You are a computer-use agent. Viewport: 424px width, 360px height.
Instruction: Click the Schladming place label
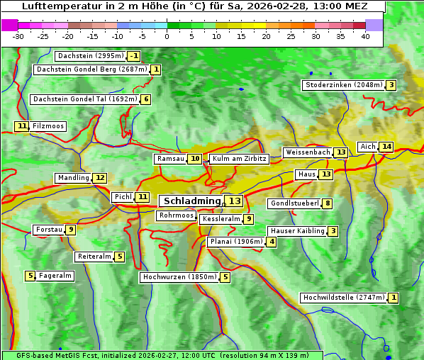192,201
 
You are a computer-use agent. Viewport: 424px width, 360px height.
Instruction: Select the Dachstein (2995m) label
91,56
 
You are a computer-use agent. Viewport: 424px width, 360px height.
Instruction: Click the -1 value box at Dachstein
134,56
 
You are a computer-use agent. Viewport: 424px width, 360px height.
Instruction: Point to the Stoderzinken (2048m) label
343,85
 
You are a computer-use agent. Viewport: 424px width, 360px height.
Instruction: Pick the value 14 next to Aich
386,147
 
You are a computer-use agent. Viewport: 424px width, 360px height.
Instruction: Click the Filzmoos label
48,126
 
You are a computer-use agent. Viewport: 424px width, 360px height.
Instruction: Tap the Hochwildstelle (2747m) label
344,298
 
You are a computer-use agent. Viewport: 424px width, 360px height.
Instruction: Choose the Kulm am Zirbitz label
239,159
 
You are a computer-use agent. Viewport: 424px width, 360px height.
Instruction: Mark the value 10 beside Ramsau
195,159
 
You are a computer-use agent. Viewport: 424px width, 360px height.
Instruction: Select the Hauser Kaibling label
296,231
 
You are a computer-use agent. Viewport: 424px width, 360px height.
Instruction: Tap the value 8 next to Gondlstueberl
327,204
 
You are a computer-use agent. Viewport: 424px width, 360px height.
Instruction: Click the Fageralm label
55,276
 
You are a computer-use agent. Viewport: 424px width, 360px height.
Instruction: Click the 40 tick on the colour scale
365,36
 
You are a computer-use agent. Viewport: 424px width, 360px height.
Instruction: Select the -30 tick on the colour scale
18,36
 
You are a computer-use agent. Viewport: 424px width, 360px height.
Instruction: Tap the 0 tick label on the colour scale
167,36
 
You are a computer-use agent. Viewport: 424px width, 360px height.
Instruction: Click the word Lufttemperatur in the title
55,6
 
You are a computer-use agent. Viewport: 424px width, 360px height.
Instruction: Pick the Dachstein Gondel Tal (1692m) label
85,99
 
